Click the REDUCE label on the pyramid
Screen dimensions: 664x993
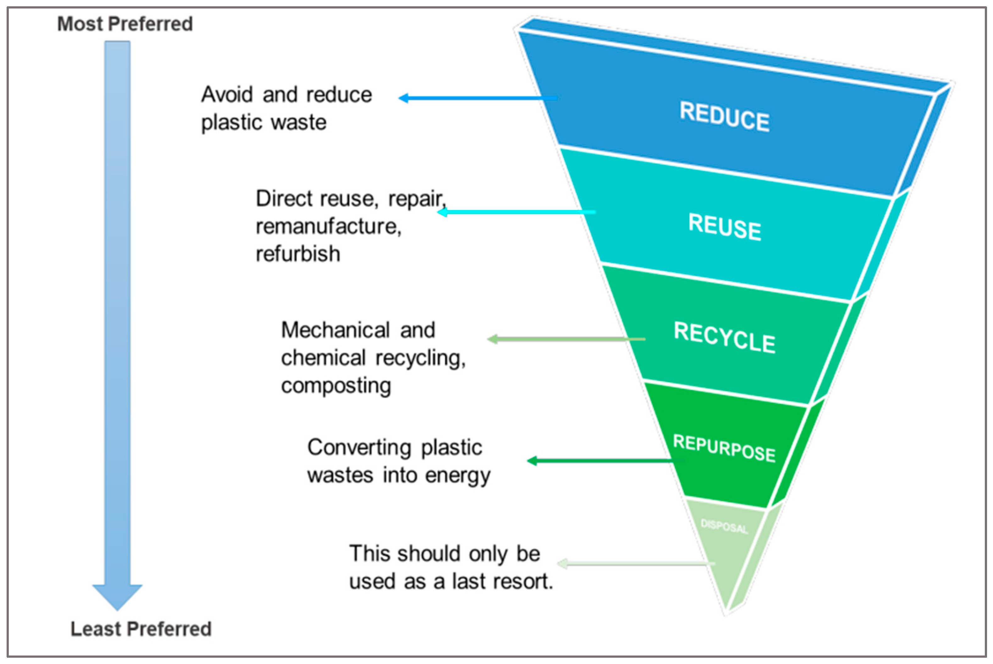point(724,116)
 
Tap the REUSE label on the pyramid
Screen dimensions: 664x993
point(724,227)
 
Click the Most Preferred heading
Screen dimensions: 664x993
point(125,24)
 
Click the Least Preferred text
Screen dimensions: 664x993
point(141,629)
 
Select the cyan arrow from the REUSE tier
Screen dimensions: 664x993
point(516,212)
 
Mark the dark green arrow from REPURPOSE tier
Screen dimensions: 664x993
point(601,461)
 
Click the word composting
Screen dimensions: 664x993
point(336,386)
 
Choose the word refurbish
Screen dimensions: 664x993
point(298,254)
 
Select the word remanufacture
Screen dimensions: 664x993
point(328,226)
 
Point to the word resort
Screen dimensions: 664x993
point(524,581)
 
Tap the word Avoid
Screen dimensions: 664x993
point(227,94)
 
